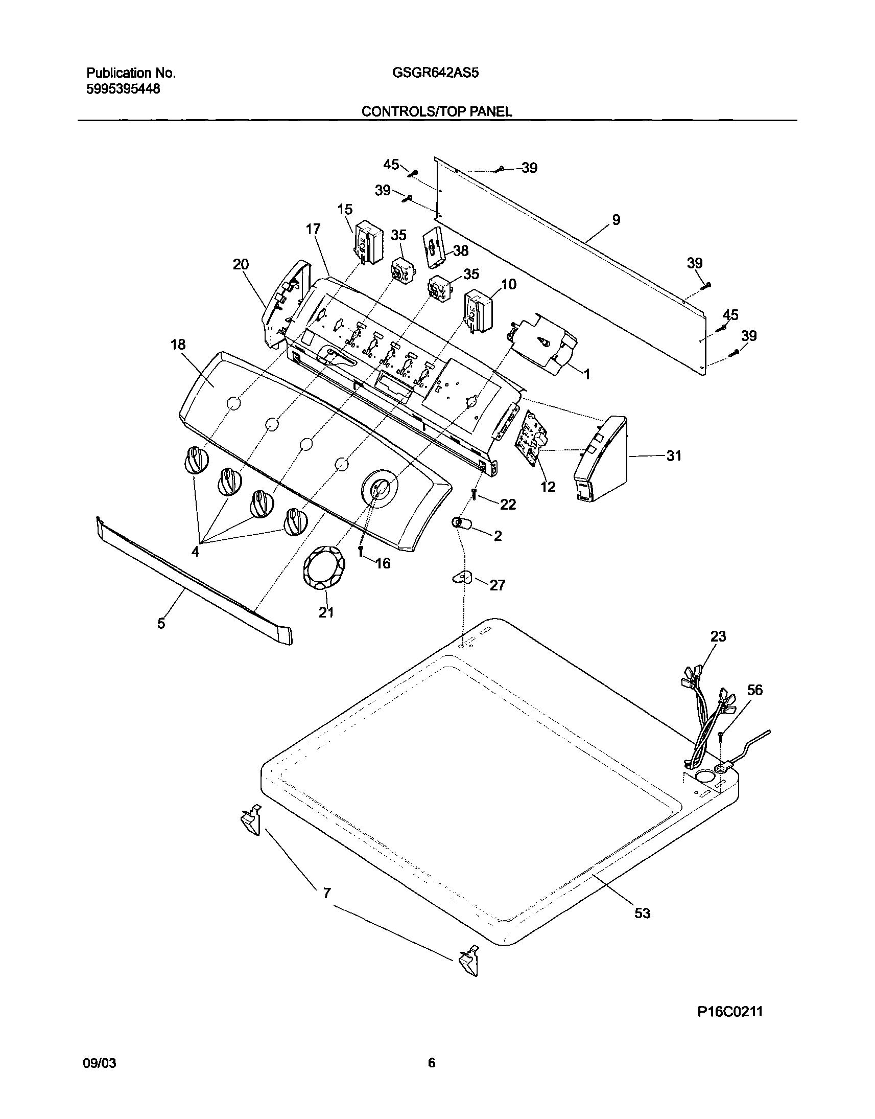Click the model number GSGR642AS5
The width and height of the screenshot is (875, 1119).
(x=435, y=73)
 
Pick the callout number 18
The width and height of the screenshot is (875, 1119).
(x=178, y=345)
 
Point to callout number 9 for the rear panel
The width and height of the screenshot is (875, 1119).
(x=616, y=220)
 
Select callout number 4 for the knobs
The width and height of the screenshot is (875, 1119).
(x=195, y=552)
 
